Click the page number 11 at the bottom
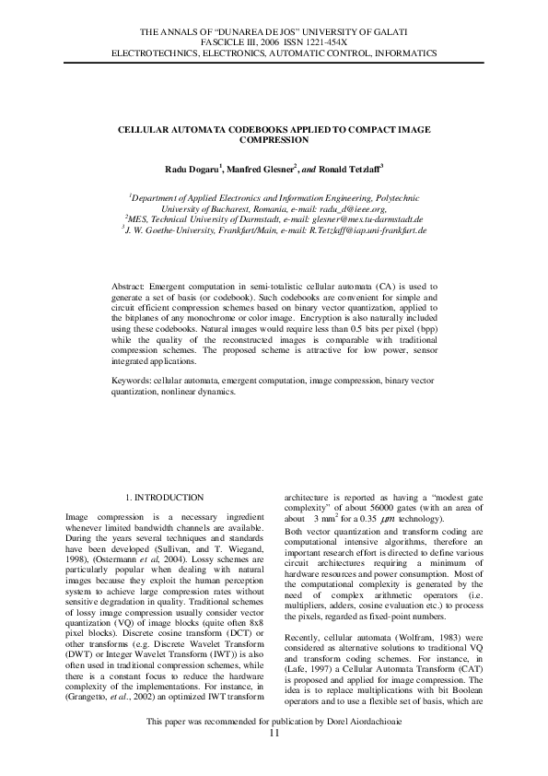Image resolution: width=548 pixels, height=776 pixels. coord(274,758)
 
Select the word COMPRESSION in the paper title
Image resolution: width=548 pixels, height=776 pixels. coord(274,140)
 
